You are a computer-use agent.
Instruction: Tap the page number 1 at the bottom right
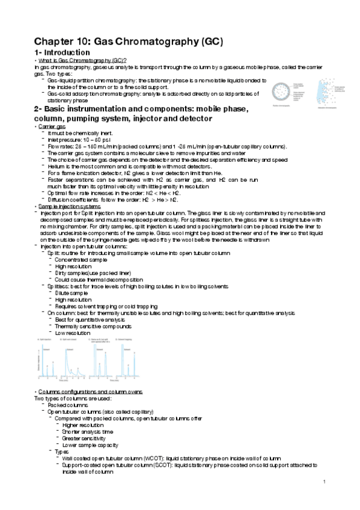323,481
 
